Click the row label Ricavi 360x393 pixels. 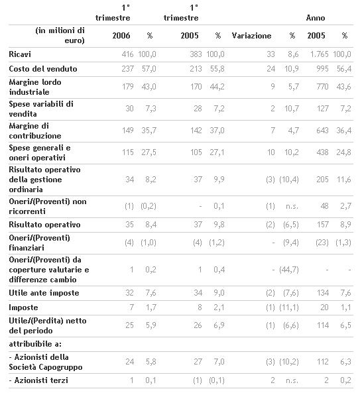[x=20, y=54]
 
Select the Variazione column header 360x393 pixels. [x=251, y=36]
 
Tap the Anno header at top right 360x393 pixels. [x=316, y=18]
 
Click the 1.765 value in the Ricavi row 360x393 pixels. [x=319, y=54]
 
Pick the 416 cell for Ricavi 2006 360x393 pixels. [x=127, y=54]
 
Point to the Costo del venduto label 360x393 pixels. [x=43, y=69]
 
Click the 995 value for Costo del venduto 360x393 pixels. [x=322, y=69]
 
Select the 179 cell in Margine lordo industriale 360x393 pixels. [x=127, y=87]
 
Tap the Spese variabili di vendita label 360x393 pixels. [x=41, y=109]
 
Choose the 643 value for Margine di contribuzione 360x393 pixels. [x=322, y=131]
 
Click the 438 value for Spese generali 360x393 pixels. [x=322, y=152]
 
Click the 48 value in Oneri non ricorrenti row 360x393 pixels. [x=324, y=206]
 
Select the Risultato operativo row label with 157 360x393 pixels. [x=44, y=225]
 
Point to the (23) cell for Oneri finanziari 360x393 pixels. [x=322, y=243]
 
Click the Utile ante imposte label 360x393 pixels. [x=44, y=293]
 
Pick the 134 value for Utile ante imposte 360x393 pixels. [x=322, y=293]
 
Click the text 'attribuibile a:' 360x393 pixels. [x=35, y=344]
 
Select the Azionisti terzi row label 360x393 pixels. [x=38, y=380]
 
